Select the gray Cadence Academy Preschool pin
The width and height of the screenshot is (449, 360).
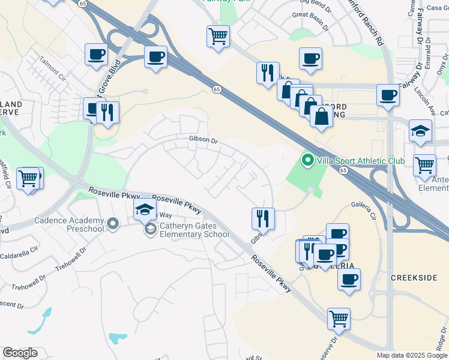pos(113,225)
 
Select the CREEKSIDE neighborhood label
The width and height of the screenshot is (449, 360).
pos(413,278)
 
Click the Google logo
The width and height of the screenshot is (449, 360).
pos(20,353)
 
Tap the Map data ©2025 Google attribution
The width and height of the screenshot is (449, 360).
pos(411,355)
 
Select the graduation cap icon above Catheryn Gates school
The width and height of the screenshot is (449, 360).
pos(145,209)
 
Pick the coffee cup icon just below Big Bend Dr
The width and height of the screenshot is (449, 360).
pos(310,59)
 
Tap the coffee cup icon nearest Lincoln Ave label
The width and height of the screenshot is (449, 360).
pos(388,95)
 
